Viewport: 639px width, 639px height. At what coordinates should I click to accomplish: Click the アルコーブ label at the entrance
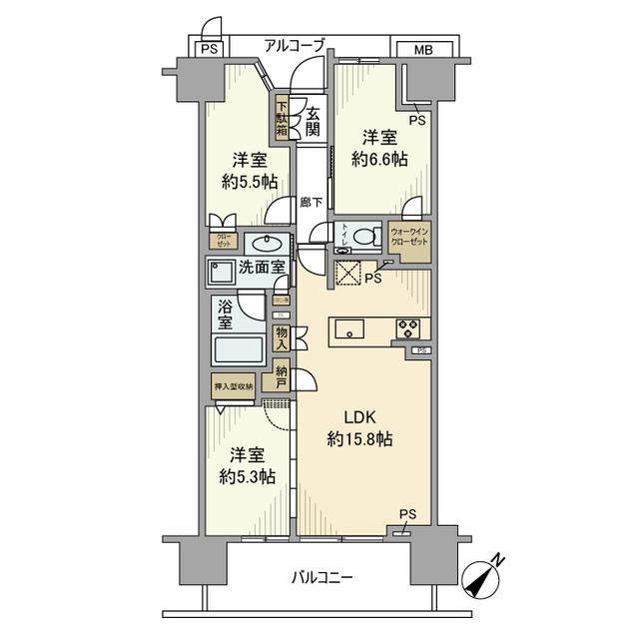(x=296, y=45)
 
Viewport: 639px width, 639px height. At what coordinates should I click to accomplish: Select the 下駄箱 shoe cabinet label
(x=283, y=117)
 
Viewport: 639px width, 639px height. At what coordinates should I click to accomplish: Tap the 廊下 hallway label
(x=312, y=202)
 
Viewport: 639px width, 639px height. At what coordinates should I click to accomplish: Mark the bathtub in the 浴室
(x=238, y=350)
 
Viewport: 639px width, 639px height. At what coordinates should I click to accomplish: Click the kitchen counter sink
(x=351, y=327)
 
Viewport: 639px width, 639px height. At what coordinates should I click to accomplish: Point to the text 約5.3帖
(x=245, y=476)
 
